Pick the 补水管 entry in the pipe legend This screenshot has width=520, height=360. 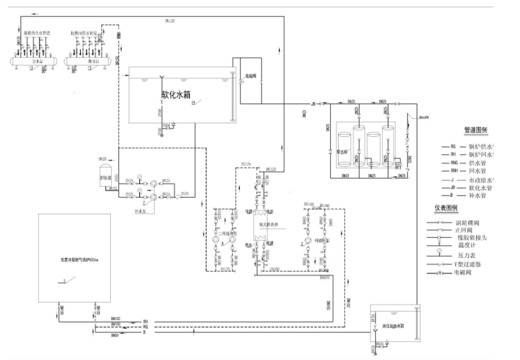477,196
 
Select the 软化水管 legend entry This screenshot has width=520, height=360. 479,187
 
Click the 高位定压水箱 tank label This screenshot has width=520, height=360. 393,327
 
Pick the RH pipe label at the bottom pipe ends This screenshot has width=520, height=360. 145,322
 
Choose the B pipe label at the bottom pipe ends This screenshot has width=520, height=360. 145,332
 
